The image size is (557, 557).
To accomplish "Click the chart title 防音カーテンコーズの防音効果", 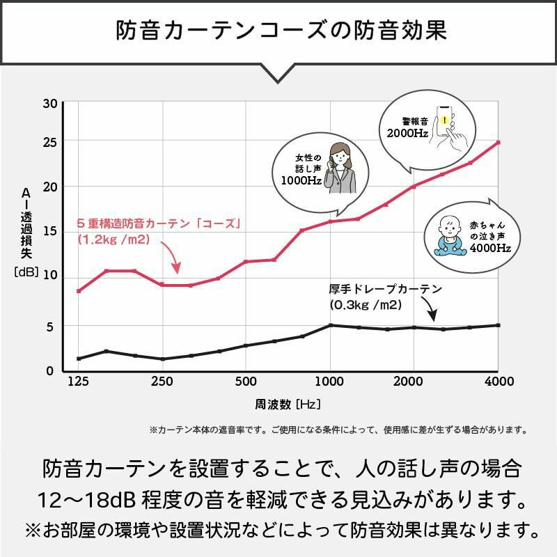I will pos(278,31).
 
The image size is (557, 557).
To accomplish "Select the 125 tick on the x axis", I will pos(78,382).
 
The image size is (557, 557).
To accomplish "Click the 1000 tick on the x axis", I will pos(330,382).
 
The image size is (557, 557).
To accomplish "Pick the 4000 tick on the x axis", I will pos(499,382).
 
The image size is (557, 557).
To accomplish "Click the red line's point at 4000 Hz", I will pos(499,142).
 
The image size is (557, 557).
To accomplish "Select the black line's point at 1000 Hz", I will pos(330,325).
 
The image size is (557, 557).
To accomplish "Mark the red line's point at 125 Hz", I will pos(79,290).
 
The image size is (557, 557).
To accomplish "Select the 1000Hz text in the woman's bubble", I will pos(301,180).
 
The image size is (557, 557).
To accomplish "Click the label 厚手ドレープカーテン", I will pos(385,288).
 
